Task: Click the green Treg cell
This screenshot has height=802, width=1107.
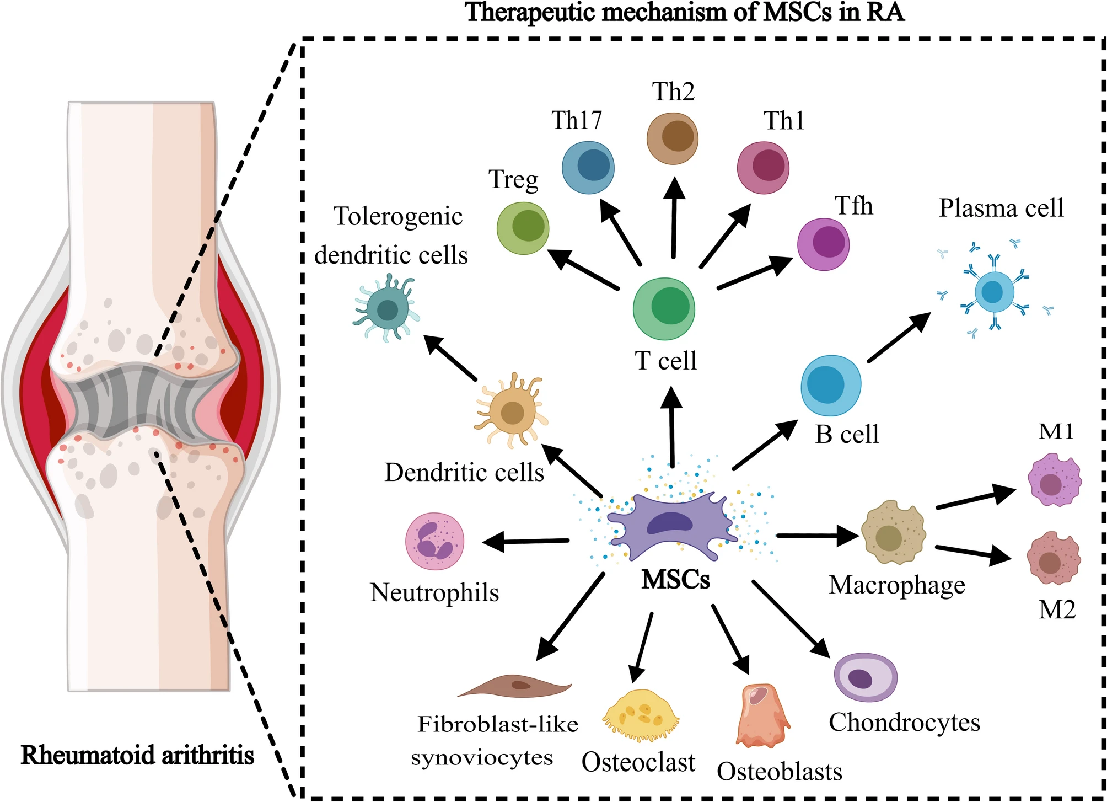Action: tap(523, 228)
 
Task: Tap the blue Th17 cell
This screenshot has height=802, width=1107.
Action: tap(588, 168)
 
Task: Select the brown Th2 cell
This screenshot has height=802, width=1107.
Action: tap(672, 138)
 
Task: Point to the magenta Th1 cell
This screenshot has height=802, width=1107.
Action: tap(763, 168)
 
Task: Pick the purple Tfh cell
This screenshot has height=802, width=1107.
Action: tap(823, 244)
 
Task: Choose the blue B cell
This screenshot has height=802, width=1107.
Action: tap(831, 385)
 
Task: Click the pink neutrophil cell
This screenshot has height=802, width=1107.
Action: tap(434, 541)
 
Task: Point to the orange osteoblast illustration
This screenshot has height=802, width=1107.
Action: tap(761, 716)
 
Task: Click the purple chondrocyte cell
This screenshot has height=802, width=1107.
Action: tap(865, 677)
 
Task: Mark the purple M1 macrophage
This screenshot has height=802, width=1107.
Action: tap(1054, 480)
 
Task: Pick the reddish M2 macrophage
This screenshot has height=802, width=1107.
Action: tap(1054, 559)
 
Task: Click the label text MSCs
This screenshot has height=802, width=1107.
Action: tap(675, 580)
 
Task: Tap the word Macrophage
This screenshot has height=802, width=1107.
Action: tap(897, 586)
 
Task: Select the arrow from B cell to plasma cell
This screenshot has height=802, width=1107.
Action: tap(899, 337)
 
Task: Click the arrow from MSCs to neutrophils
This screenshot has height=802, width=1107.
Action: tap(526, 541)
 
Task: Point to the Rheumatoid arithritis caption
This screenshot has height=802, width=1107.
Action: tap(137, 755)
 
